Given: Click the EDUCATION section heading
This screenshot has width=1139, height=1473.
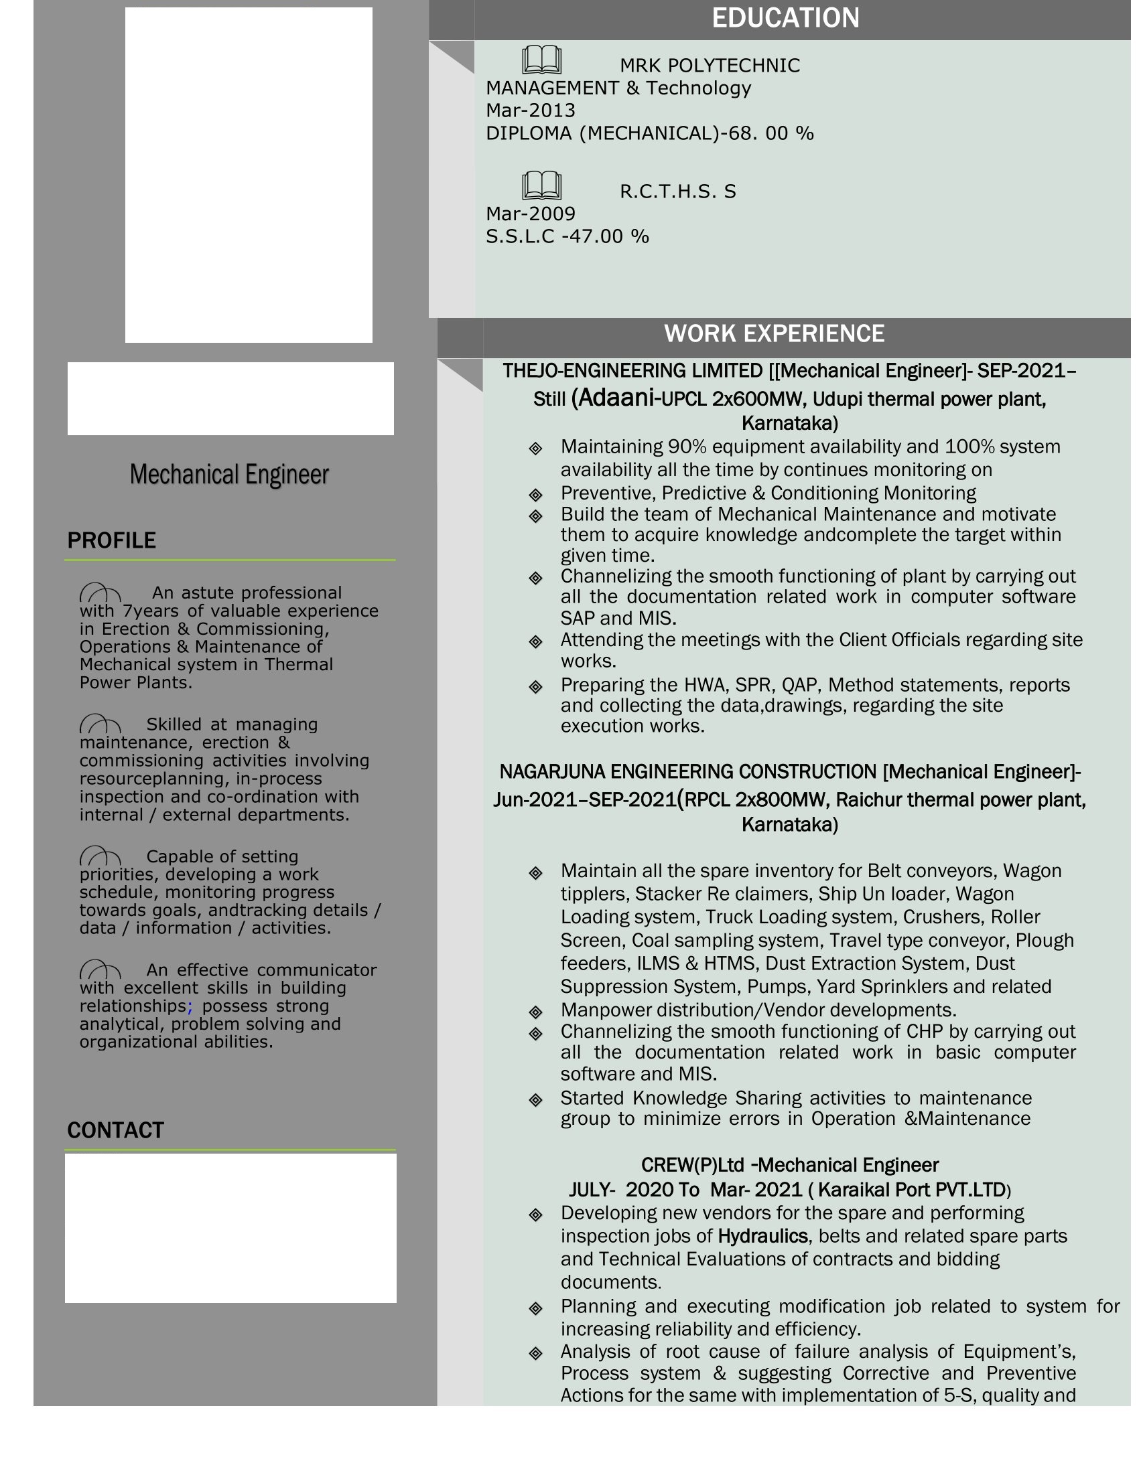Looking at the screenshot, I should pos(785,18).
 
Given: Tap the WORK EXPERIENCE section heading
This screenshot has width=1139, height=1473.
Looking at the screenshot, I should pos(774,334).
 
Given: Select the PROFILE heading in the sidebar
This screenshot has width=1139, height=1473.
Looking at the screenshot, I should pos(111,540).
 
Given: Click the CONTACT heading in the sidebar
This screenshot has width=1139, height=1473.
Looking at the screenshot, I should pos(115,1130).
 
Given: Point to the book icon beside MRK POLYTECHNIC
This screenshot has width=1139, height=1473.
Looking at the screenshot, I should pos(541,60).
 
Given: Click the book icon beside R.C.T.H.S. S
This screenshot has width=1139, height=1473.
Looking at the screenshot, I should pos(541,185).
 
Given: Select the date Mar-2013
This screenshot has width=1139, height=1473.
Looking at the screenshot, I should pos(531,110).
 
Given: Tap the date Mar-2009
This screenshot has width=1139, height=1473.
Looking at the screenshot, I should pos(531,214).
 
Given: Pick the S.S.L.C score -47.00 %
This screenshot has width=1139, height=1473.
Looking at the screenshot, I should pos(605,237).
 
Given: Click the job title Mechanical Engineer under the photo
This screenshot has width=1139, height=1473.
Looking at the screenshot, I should pos(229,474).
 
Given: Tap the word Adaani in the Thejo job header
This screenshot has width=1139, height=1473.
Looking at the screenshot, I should pos(616,398).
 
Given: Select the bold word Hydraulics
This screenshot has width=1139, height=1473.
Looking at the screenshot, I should pos(762,1235).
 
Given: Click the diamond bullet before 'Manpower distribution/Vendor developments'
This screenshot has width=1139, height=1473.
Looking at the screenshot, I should pos(536,1012).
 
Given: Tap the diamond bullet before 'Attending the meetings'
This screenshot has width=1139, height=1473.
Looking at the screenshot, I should pos(536,641).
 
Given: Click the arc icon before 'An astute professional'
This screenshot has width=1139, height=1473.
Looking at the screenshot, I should pos(100,593).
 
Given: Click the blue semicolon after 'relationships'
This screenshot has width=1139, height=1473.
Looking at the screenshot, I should pos(190,1006).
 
